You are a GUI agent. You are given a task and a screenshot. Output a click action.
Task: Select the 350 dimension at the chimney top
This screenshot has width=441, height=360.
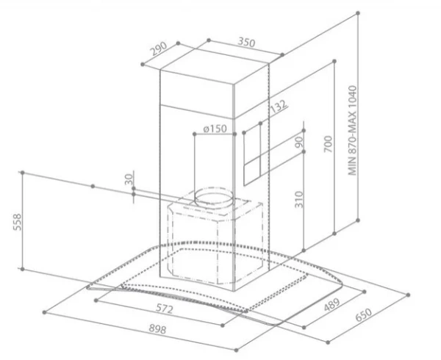pyautogui.click(x=246, y=42)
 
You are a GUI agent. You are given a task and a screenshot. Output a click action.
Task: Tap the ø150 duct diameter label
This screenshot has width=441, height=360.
pyautogui.click(x=215, y=129)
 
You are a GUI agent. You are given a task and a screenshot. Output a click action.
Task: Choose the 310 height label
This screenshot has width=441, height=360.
pyautogui.click(x=298, y=200)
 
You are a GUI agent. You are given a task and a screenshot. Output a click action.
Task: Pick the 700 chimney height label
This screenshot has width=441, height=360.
pyautogui.click(x=328, y=144)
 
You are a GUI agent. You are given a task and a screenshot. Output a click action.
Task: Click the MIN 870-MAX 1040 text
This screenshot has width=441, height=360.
pyautogui.click(x=352, y=131)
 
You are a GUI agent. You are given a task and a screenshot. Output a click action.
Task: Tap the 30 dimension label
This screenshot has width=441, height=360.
pyautogui.click(x=128, y=179)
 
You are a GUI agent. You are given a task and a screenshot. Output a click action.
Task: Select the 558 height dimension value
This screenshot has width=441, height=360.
pyautogui.click(x=17, y=222)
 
